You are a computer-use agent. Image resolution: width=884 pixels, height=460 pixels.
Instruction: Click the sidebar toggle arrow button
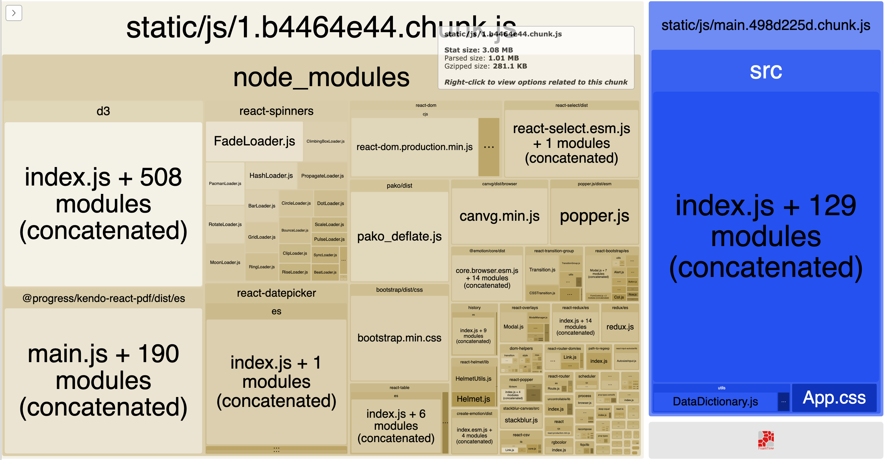(x=14, y=13)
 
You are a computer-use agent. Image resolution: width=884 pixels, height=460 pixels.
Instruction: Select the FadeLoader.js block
(x=254, y=141)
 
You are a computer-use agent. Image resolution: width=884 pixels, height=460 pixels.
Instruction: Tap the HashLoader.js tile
(x=271, y=175)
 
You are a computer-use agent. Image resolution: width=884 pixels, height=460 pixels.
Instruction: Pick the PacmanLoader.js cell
(x=225, y=184)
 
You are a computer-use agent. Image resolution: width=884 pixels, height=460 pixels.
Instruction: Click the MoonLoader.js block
(x=225, y=262)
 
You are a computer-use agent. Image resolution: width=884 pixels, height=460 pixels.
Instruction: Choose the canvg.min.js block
(x=499, y=216)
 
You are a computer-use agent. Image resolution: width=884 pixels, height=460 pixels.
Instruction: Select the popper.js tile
(x=594, y=216)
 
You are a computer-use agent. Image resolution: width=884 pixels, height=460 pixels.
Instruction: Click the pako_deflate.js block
(x=399, y=236)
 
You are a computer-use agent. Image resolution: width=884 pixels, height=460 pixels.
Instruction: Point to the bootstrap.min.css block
(x=399, y=338)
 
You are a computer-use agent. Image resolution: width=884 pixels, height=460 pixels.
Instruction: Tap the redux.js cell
(x=620, y=327)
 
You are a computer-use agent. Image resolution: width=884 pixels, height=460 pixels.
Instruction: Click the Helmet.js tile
(x=473, y=399)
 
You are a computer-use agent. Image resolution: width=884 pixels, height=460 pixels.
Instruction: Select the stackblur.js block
(x=521, y=420)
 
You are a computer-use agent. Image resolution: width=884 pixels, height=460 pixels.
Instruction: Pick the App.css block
(x=834, y=398)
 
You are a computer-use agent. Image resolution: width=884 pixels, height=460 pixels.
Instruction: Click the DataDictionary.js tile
(x=715, y=401)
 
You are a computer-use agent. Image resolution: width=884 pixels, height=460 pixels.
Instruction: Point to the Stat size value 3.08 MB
(x=497, y=50)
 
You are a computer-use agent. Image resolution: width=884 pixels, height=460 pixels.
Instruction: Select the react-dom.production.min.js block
(x=414, y=147)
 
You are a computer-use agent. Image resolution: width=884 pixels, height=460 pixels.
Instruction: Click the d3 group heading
(x=103, y=111)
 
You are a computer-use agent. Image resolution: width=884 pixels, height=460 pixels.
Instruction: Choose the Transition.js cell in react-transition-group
(x=542, y=270)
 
